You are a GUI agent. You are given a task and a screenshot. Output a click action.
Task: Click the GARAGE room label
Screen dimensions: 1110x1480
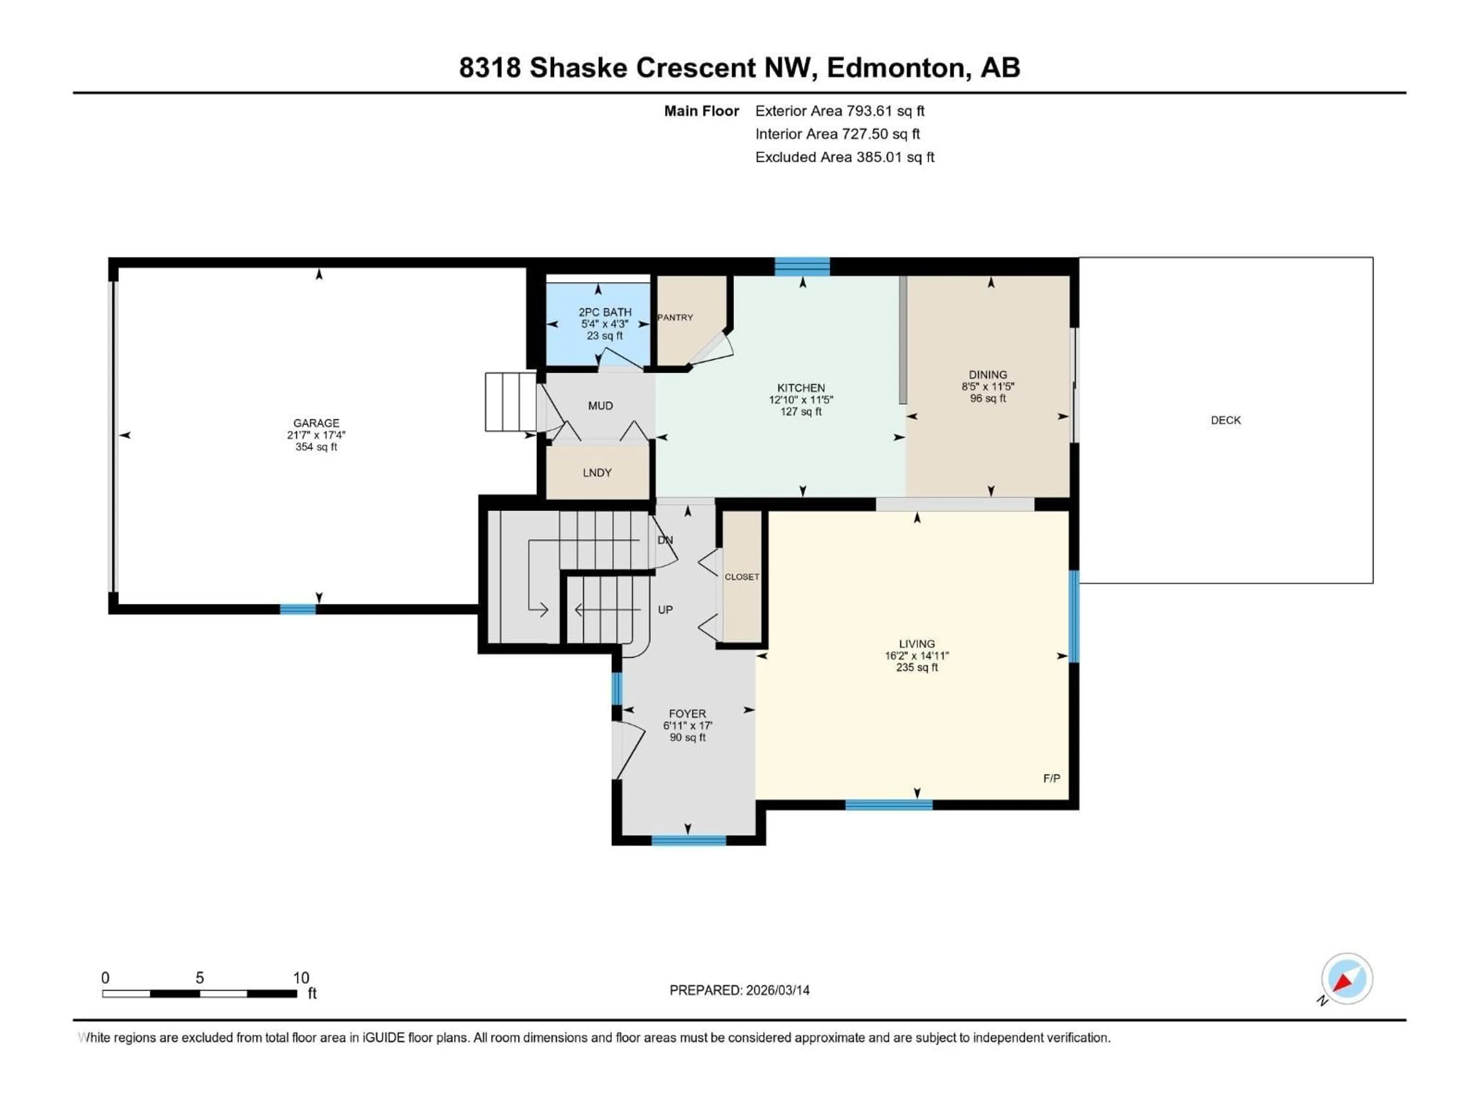click(316, 423)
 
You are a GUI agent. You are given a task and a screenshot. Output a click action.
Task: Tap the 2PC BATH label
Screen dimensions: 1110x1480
click(605, 312)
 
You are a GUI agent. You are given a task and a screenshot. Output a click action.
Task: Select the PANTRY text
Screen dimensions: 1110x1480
click(675, 317)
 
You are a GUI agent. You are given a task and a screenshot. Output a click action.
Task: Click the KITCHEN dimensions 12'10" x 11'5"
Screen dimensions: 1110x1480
click(801, 399)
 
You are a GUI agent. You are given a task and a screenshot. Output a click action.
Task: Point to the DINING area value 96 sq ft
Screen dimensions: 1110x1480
click(987, 398)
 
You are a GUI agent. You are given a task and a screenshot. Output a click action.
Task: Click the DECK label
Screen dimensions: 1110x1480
click(1225, 420)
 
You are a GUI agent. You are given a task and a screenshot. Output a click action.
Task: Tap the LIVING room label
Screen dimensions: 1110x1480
click(917, 644)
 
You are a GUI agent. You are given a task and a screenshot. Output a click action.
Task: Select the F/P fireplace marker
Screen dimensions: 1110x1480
click(1051, 778)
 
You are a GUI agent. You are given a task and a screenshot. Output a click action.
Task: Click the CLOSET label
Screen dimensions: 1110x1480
click(741, 577)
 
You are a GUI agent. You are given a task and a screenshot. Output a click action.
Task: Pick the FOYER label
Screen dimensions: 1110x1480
click(687, 714)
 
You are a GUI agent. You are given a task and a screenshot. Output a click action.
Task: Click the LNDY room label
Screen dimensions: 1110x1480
click(597, 473)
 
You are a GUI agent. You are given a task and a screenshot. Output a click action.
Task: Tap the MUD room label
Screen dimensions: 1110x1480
click(600, 405)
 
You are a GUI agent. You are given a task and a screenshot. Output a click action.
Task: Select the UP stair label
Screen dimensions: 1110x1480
click(665, 609)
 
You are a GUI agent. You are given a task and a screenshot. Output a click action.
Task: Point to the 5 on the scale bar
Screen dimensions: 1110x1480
click(199, 977)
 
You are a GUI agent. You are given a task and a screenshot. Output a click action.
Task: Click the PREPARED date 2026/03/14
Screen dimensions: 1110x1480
click(776, 990)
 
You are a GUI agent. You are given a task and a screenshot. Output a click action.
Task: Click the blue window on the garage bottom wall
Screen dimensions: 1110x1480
click(298, 609)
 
